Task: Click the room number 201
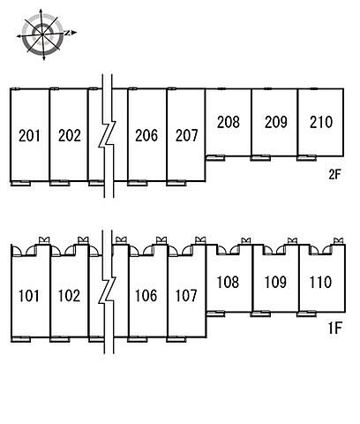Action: [x=29, y=136]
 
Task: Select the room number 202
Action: [x=70, y=136]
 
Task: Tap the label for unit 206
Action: [x=146, y=136]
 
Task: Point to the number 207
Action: [x=186, y=136]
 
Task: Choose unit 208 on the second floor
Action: [x=229, y=122]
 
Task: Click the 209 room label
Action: [x=276, y=122]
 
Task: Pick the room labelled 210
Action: [x=321, y=122]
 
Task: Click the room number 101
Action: [x=28, y=296]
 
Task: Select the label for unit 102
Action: [x=69, y=296]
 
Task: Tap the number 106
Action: [x=146, y=296]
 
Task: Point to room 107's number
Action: [x=186, y=296]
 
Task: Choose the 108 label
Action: [x=228, y=282]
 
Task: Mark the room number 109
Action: [x=275, y=282]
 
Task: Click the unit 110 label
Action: [x=320, y=282]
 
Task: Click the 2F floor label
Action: [x=334, y=175]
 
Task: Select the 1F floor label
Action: [x=334, y=328]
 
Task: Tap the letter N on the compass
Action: [x=67, y=33]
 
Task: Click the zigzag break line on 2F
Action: [x=108, y=135]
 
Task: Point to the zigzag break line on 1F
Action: [x=108, y=291]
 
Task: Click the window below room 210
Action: [x=307, y=158]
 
